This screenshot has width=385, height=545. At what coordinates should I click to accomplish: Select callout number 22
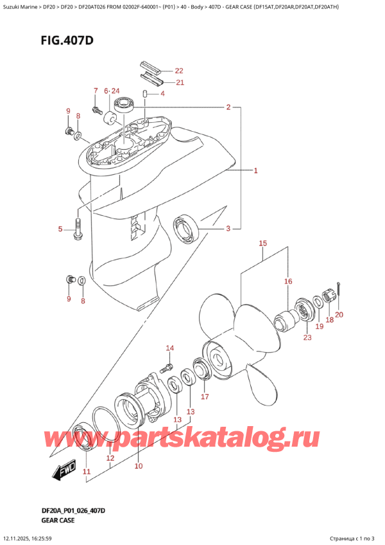point(178,71)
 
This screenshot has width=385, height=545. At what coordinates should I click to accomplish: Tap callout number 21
point(179,82)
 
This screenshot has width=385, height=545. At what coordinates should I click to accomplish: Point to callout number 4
point(162,94)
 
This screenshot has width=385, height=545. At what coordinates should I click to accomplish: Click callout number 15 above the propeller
point(262,244)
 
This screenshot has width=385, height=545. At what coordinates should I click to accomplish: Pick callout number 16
point(288,281)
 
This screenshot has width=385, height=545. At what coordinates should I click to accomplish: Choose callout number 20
point(339,314)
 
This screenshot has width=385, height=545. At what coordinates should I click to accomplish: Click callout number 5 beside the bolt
point(61,229)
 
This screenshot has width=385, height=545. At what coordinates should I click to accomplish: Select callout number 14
point(169,348)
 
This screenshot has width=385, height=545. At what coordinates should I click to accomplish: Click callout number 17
point(205,397)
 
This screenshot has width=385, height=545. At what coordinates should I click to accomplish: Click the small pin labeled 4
point(146,96)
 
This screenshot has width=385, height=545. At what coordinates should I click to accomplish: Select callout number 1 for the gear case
point(255,171)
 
